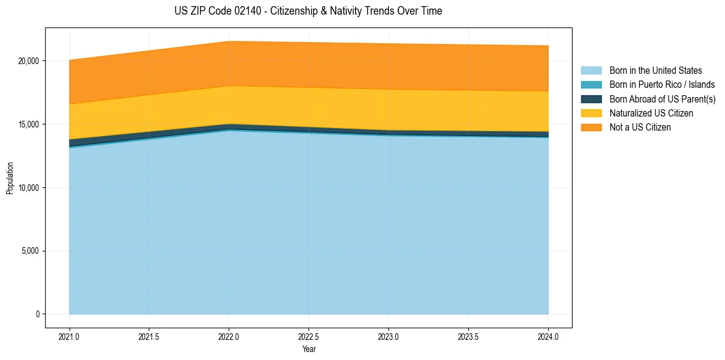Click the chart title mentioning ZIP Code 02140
click(x=308, y=11)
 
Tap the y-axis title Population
click(x=10, y=178)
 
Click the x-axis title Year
click(x=309, y=350)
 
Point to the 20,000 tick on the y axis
click(x=29, y=61)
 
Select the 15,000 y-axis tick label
click(x=29, y=124)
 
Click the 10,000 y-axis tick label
click(x=29, y=188)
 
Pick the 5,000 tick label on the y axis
click(x=30, y=251)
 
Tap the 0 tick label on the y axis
click(x=37, y=314)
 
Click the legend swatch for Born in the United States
click(x=591, y=71)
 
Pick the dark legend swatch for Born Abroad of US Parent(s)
click(x=591, y=99)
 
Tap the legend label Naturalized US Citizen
click(x=651, y=113)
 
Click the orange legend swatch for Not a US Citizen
click(x=591, y=128)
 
